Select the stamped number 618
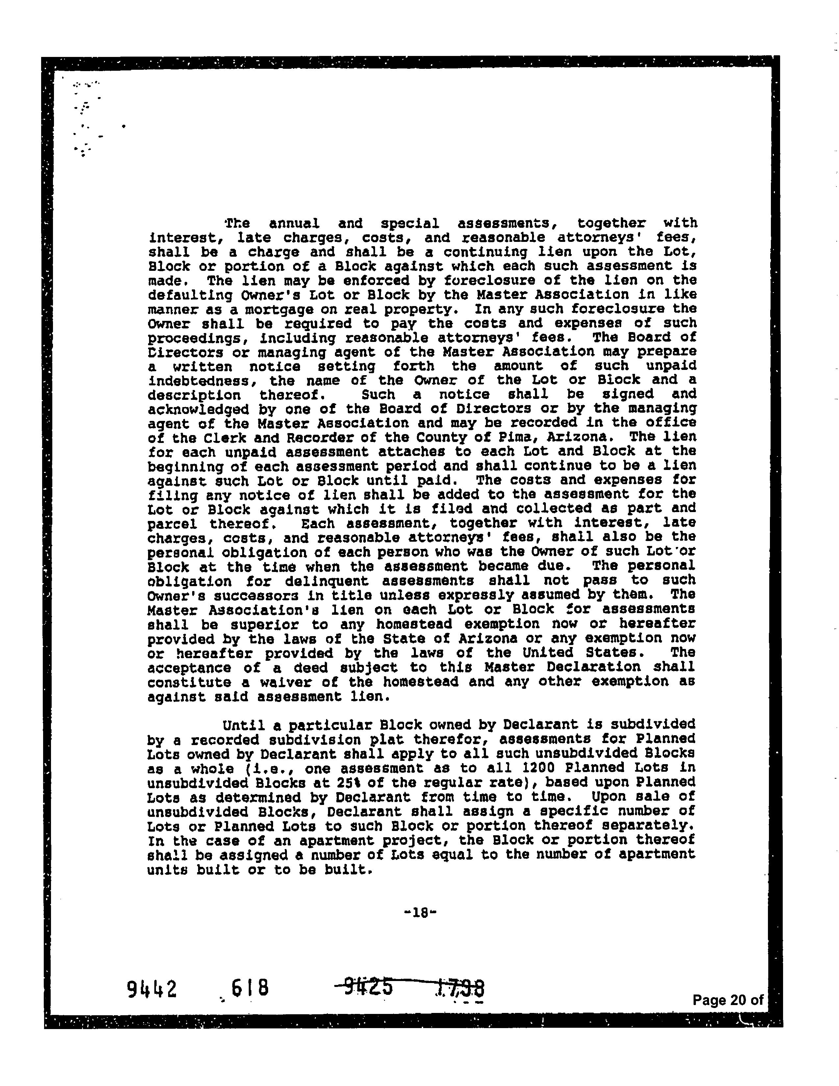[x=250, y=988]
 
